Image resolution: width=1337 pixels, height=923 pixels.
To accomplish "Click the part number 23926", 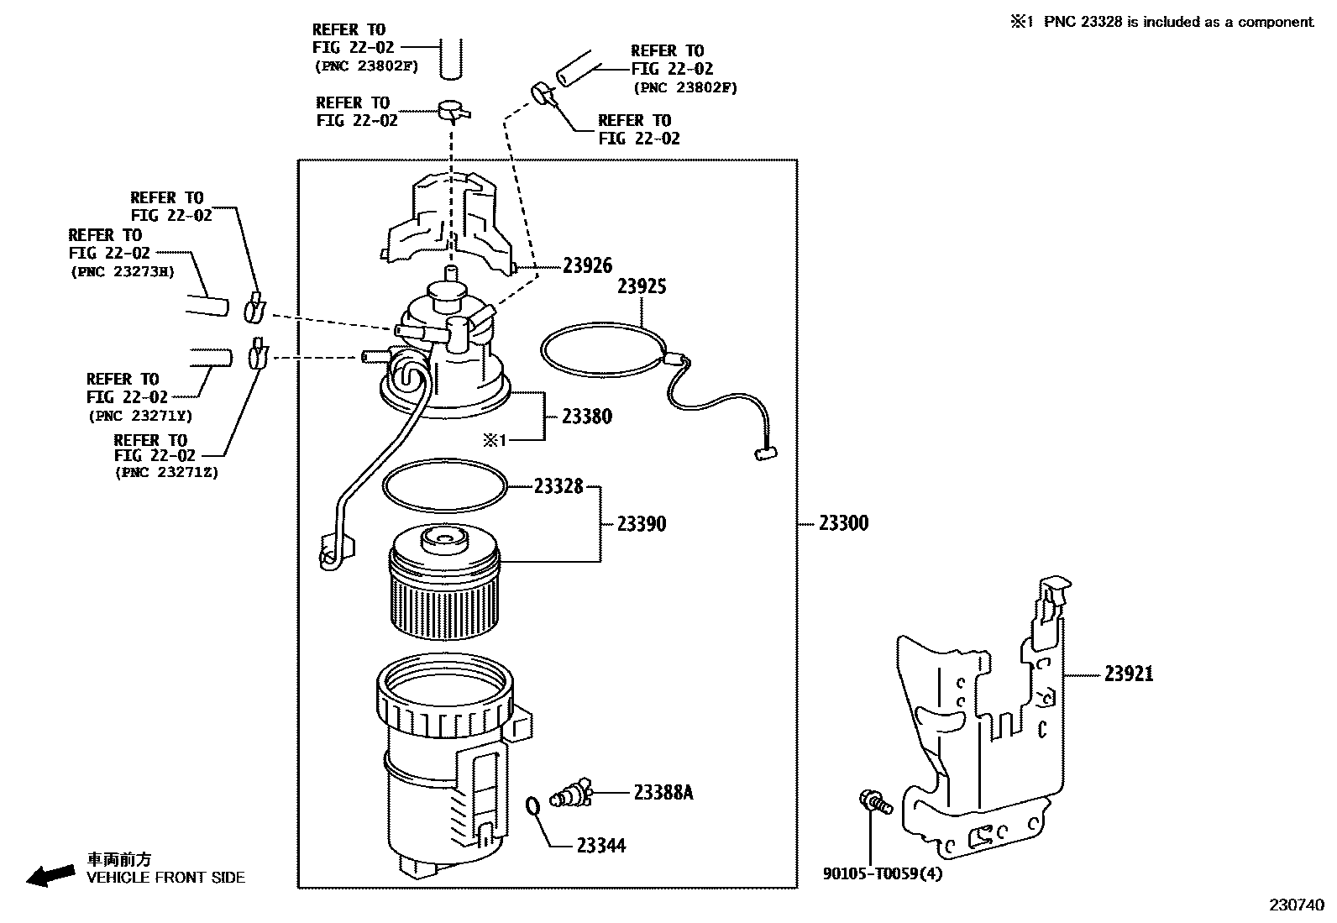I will tap(587, 266).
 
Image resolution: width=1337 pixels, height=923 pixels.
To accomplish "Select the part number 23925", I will tap(642, 287).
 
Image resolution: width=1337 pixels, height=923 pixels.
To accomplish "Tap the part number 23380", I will tap(587, 417).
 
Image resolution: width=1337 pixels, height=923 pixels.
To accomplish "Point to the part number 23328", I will tap(558, 486).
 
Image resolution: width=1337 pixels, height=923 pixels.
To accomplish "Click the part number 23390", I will tap(642, 524).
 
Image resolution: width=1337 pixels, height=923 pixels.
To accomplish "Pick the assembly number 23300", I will tap(843, 523).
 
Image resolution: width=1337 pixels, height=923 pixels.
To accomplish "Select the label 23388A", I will tap(663, 792).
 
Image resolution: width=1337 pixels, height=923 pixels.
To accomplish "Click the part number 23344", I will tap(601, 846).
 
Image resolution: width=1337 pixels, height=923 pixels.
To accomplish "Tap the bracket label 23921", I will tap(1129, 674).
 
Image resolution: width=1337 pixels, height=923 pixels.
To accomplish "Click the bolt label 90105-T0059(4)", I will tap(883, 874).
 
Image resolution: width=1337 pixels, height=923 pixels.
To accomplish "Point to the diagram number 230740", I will tap(1296, 906).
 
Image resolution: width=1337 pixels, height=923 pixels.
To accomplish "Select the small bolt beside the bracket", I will tap(873, 802).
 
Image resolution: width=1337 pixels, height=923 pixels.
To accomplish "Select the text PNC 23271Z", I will tap(166, 473).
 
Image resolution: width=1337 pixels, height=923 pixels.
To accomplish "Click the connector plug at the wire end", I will tap(762, 454).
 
